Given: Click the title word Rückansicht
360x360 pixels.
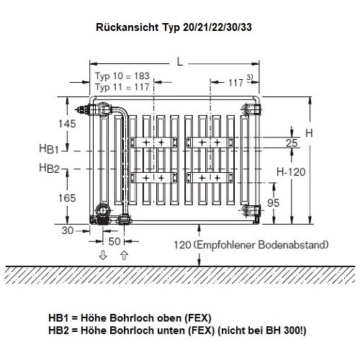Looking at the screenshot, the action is coord(127,27).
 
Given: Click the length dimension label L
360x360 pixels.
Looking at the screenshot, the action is coord(180,62).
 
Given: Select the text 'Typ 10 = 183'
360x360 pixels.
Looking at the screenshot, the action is coord(122,76).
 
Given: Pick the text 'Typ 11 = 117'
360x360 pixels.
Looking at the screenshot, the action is coord(122,87).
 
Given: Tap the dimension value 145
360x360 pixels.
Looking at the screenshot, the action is coord(67,124).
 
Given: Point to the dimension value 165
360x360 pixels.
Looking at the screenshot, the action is coord(67,198).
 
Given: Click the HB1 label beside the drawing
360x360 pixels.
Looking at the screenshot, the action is coord(49,149).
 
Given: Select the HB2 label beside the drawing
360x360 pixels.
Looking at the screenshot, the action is coord(49,168).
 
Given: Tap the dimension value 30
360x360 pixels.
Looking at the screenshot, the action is coord(68,230).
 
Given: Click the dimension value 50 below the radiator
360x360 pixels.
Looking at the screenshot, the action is coord(114,241).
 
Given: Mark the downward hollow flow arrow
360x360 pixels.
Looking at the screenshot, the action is coord(103,255).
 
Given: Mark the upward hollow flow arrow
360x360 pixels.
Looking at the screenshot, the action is coord(124,255).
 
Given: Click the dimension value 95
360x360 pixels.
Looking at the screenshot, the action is coord(274,203).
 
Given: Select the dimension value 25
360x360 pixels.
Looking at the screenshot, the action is coord(292,143).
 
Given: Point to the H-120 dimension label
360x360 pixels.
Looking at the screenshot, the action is coord(291,172).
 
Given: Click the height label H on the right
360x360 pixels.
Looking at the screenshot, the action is coord(309,133).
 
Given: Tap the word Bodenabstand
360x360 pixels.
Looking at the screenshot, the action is coord(293,245).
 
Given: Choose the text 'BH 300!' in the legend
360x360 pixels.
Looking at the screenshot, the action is coord(286,330).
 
